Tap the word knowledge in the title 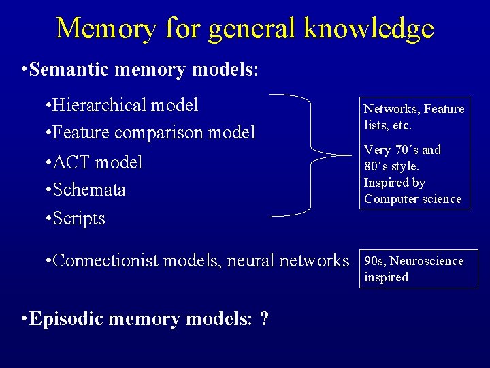(368, 29)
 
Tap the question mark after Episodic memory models (264, 319)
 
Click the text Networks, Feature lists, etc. (414, 117)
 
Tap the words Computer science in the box (412, 199)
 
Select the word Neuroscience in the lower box (426, 261)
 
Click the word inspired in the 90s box (386, 277)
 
